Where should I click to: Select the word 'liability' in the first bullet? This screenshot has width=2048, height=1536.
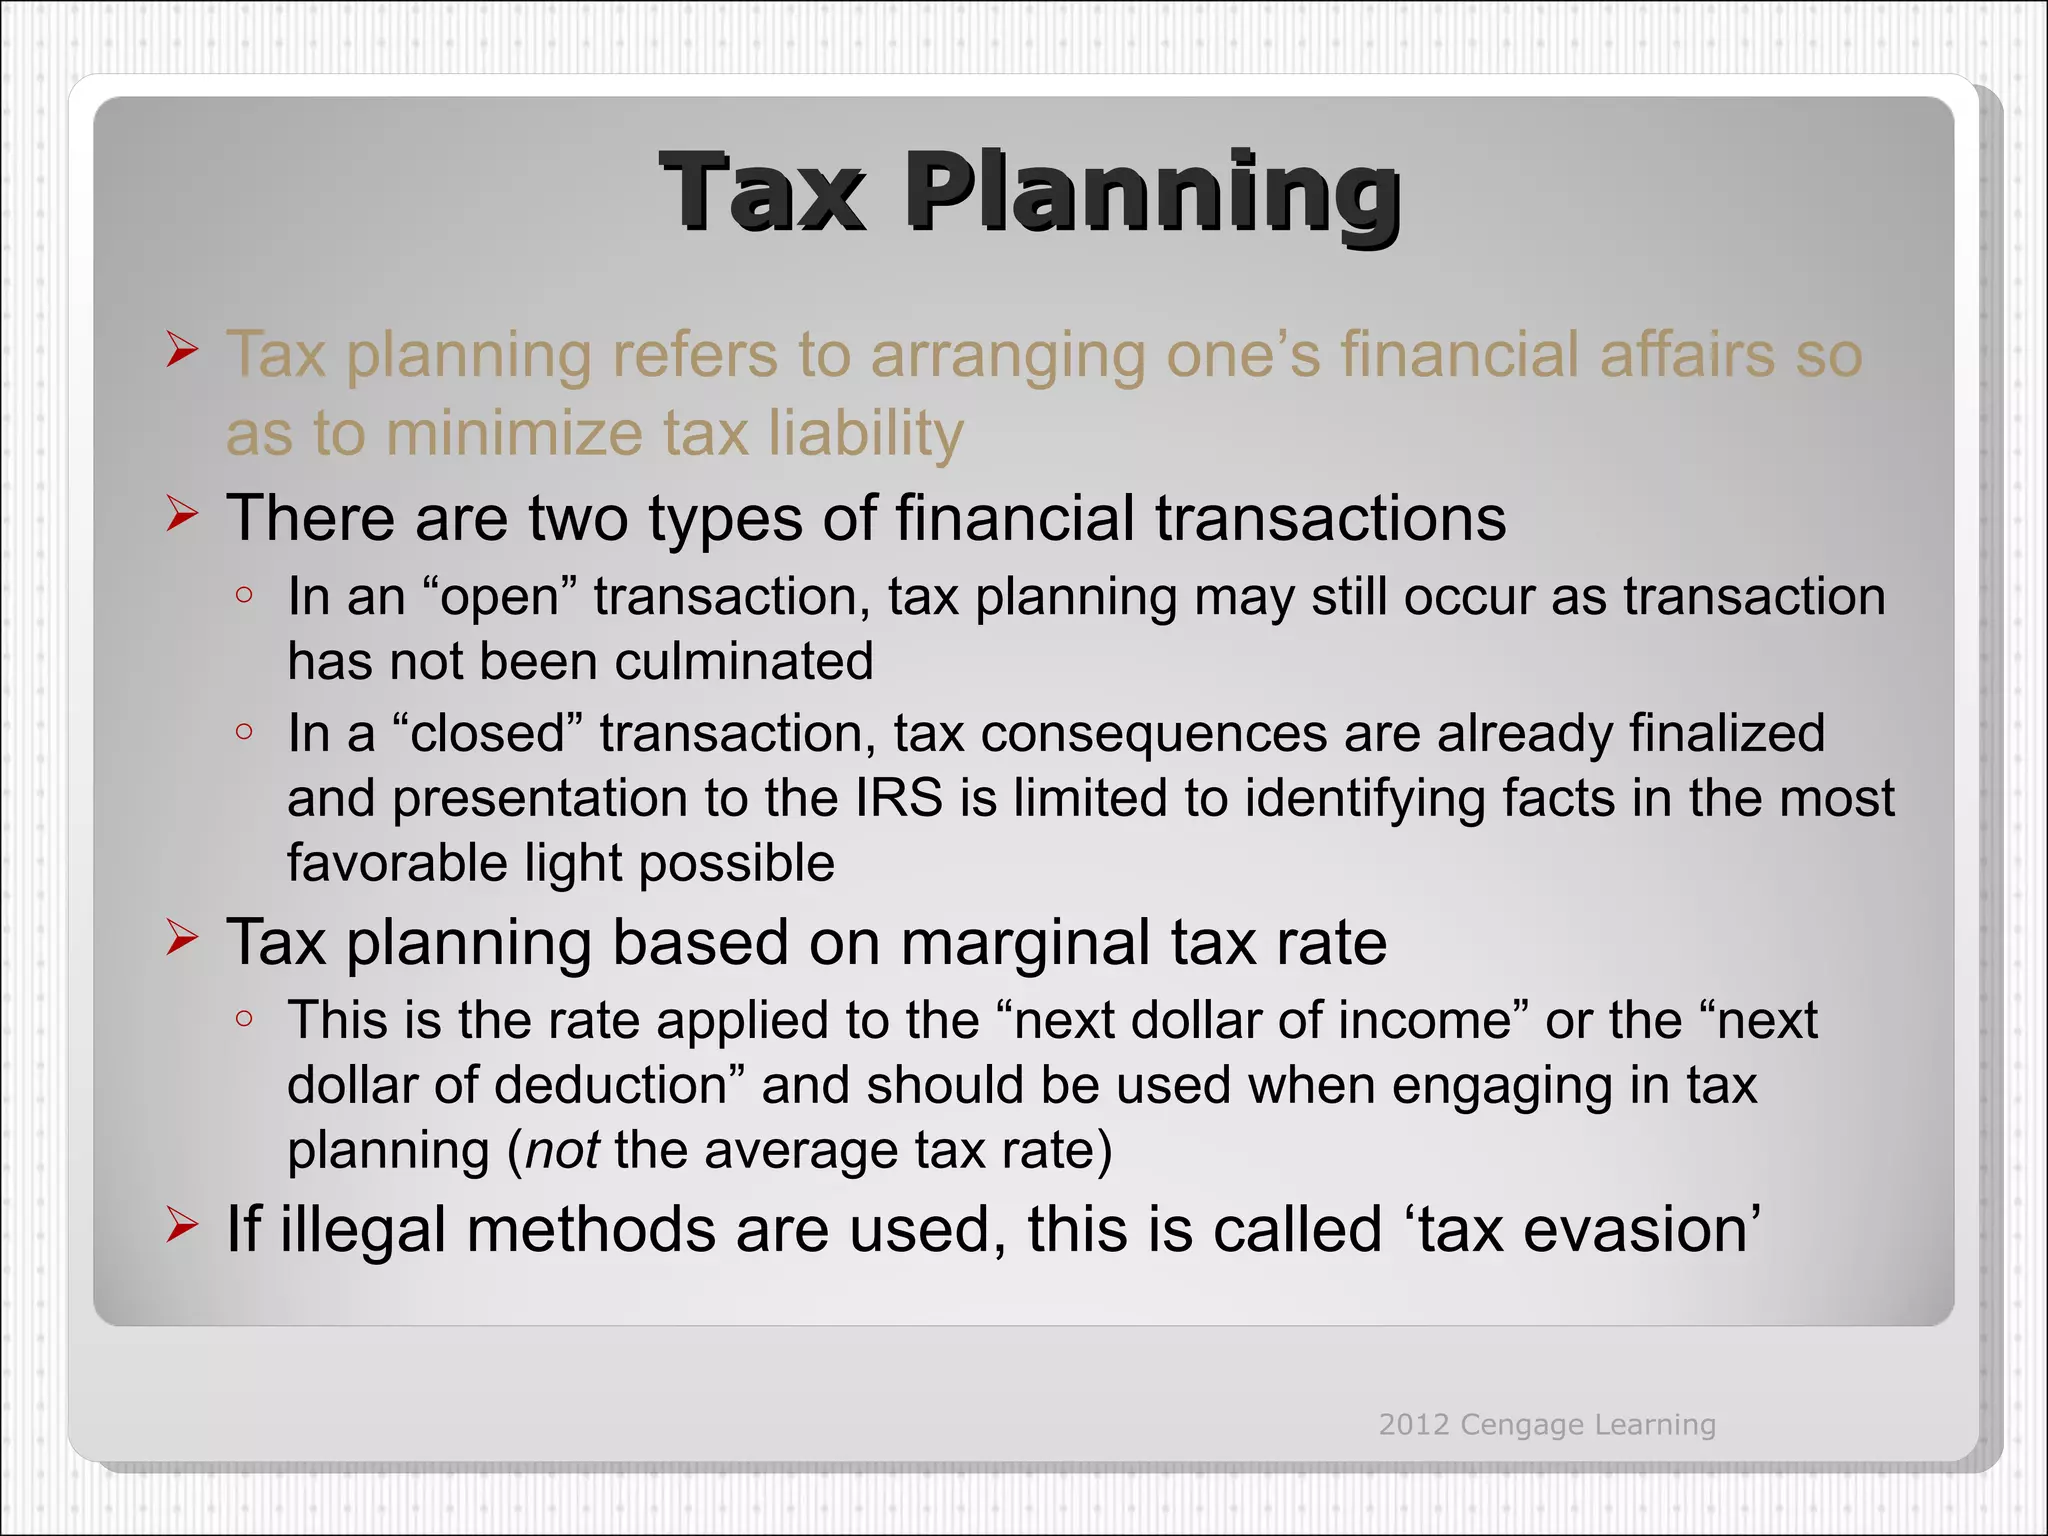point(866,434)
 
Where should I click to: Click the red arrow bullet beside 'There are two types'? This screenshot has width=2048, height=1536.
point(182,514)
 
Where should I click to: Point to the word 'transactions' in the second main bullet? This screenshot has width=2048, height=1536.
point(1330,518)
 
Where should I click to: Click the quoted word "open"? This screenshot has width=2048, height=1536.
point(501,597)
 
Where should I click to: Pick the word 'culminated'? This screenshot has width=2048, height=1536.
point(744,662)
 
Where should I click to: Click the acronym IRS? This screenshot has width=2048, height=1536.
point(899,798)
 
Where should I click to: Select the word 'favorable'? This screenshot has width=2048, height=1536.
point(397,863)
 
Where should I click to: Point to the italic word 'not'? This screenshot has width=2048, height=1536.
point(562,1150)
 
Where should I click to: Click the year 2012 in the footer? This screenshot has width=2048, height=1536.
point(1414,1424)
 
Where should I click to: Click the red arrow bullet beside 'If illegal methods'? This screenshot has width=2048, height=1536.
point(182,1224)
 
